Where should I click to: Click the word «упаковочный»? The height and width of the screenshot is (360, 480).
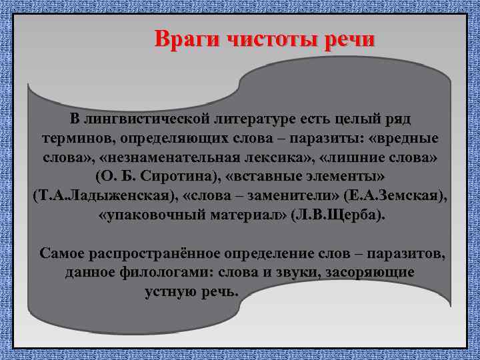(x=150, y=217)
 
